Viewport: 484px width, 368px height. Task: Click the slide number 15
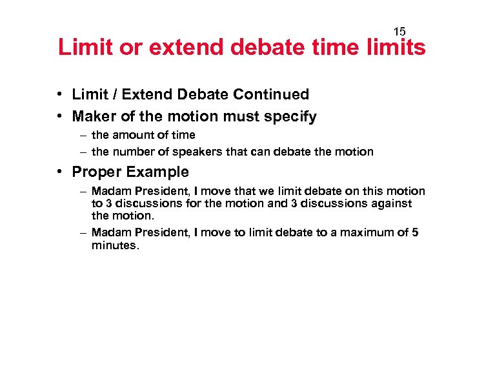pos(399,32)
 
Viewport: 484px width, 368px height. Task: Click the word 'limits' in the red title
pos(393,48)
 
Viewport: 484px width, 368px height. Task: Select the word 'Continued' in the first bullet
pos(271,94)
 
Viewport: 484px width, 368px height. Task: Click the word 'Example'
pos(159,172)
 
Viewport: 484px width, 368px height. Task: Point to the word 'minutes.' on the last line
pos(115,245)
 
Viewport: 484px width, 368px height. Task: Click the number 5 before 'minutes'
pos(414,232)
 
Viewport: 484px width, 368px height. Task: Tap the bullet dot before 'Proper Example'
pos(59,172)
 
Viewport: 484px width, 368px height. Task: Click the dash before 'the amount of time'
pos(84,135)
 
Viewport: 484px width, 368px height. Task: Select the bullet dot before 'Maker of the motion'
pos(59,116)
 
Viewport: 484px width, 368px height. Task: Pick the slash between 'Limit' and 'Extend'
pos(114,94)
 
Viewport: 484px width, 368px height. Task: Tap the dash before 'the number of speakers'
pos(84,152)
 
